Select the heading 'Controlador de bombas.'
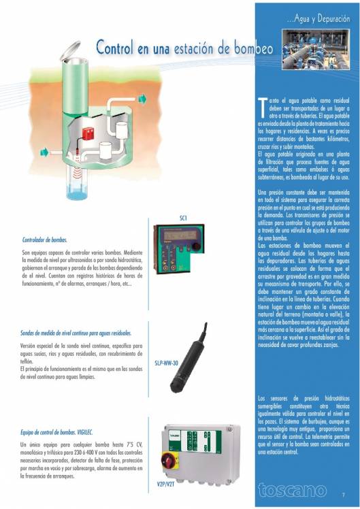(x=45, y=240)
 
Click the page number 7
(x=344, y=495)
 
